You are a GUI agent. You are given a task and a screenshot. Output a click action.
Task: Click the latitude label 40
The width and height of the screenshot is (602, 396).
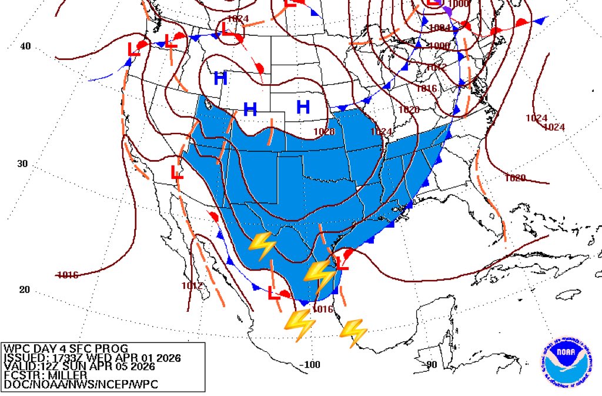point(25,46)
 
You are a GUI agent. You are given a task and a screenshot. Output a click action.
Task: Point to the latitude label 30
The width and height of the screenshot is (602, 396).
point(22,164)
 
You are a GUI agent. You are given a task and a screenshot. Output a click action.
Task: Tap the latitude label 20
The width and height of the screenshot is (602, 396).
point(24,289)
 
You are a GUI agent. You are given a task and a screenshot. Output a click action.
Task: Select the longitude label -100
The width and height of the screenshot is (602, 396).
point(309,365)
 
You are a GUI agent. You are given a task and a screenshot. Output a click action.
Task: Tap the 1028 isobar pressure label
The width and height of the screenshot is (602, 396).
point(324,131)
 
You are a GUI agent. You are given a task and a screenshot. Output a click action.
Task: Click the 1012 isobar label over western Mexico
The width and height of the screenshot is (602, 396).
point(192,286)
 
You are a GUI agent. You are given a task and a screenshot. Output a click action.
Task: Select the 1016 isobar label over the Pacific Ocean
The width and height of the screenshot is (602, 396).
point(68,275)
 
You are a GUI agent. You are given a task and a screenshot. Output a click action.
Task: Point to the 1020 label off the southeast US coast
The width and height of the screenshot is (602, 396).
point(515,178)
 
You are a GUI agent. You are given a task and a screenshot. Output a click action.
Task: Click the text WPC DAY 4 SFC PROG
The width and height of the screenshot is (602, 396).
point(65,349)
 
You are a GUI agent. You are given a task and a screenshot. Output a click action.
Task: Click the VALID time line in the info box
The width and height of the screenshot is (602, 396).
point(79,366)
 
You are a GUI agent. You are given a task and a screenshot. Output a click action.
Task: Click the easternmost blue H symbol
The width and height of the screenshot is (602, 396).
point(303,107)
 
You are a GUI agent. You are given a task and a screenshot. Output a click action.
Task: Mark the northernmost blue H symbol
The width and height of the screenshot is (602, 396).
point(220,78)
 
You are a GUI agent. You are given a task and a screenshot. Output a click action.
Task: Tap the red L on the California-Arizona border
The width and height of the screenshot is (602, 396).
point(176,172)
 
